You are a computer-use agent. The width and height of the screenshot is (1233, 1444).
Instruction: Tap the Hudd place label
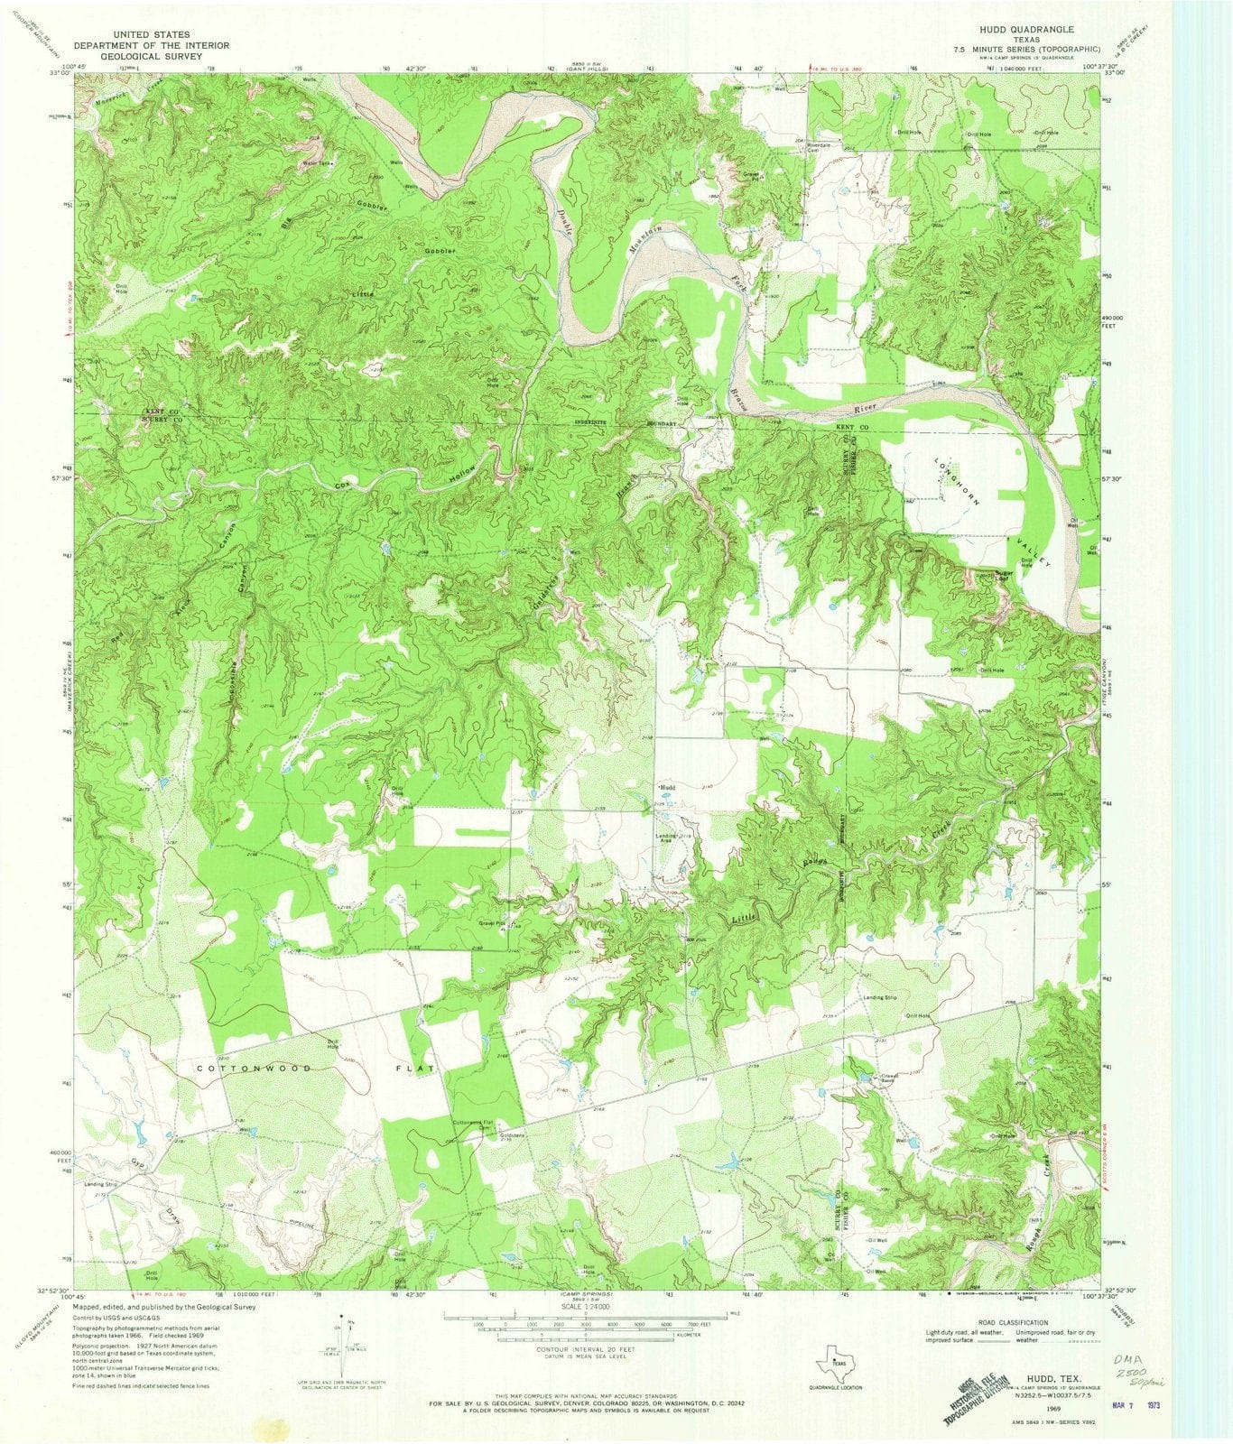pyautogui.click(x=669, y=787)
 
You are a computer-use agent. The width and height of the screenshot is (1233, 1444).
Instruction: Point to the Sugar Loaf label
pyautogui.click(x=1006, y=575)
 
